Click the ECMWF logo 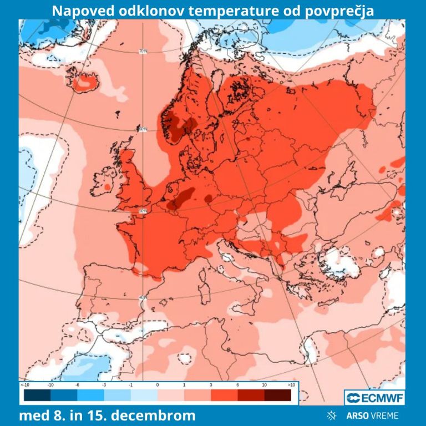pyautogui.click(x=374, y=397)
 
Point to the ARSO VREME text pyautogui.click(x=371, y=415)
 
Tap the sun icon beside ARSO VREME pyautogui.click(x=332, y=415)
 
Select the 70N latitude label pyautogui.click(x=143, y=52)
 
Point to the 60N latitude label pyautogui.click(x=143, y=129)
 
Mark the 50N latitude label pyautogui.click(x=143, y=211)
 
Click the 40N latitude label pyautogui.click(x=143, y=298)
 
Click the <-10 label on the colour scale pyautogui.click(x=25, y=384)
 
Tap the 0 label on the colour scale pyautogui.click(x=158, y=384)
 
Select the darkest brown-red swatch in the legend pyautogui.click(x=277, y=395)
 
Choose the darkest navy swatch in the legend pyautogui.click(x=37, y=395)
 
